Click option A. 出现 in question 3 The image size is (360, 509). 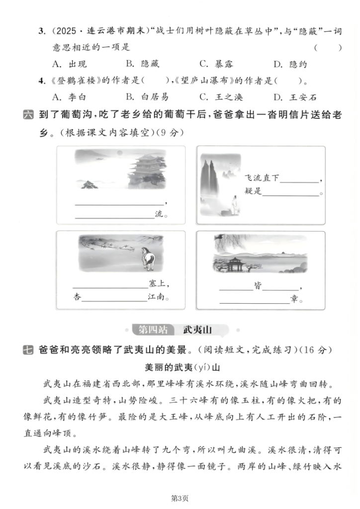[x=66, y=64]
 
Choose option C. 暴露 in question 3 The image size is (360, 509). [x=216, y=64]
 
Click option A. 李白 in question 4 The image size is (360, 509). [x=66, y=97]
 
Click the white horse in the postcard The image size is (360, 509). [x=147, y=258]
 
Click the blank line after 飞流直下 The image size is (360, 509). [x=300, y=180]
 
